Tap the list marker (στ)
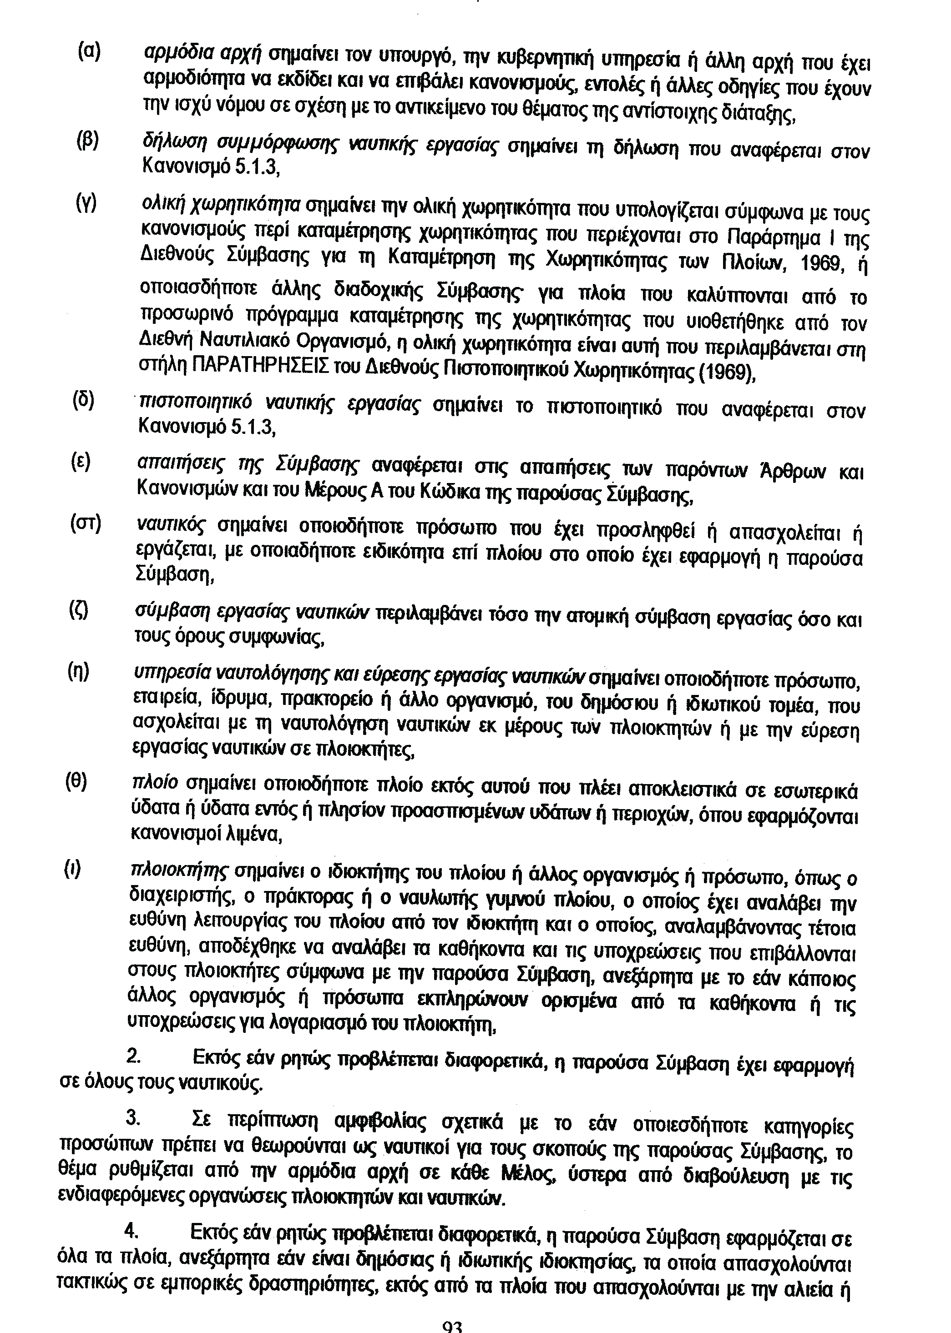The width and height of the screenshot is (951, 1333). [x=86, y=523]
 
